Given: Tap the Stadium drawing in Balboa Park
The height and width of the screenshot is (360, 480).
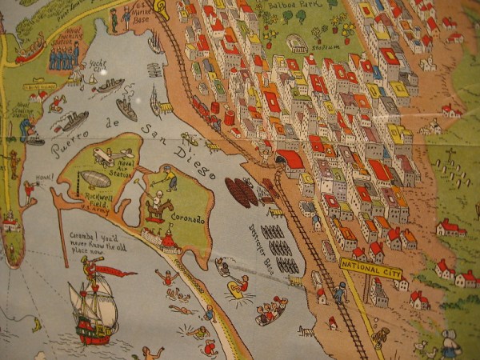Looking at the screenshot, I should (x=297, y=42).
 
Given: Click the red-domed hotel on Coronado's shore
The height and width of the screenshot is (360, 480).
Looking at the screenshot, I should (x=168, y=238).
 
